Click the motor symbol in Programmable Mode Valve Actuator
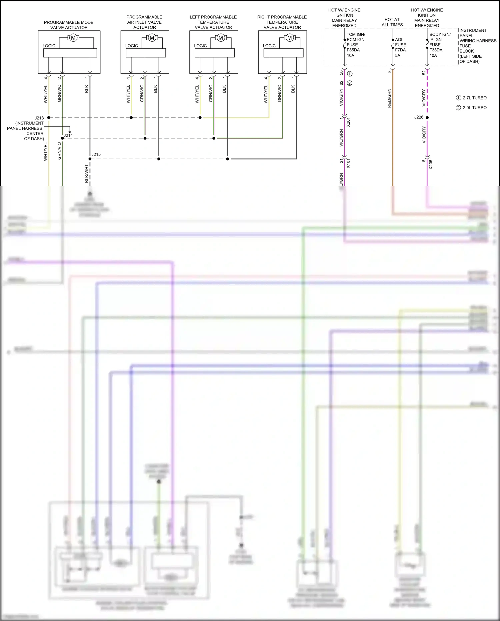[x=73, y=38]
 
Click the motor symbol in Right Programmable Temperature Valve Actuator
[x=289, y=38]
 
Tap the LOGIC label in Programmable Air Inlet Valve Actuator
[x=131, y=46]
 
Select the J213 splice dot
[x=49, y=117]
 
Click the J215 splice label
[x=96, y=154]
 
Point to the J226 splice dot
[x=427, y=117]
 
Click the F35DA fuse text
[x=353, y=50]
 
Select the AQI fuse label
[x=398, y=39]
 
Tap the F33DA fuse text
[x=436, y=50]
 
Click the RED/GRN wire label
[x=389, y=98]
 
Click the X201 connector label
[x=348, y=122]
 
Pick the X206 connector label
[x=431, y=164]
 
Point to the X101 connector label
[x=348, y=163]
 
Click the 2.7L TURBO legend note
[x=474, y=98]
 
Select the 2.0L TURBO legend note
[x=474, y=107]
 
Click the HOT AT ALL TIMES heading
[x=392, y=22]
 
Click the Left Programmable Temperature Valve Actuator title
[x=213, y=22]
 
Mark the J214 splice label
[x=68, y=135]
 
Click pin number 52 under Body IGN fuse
[x=424, y=72]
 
